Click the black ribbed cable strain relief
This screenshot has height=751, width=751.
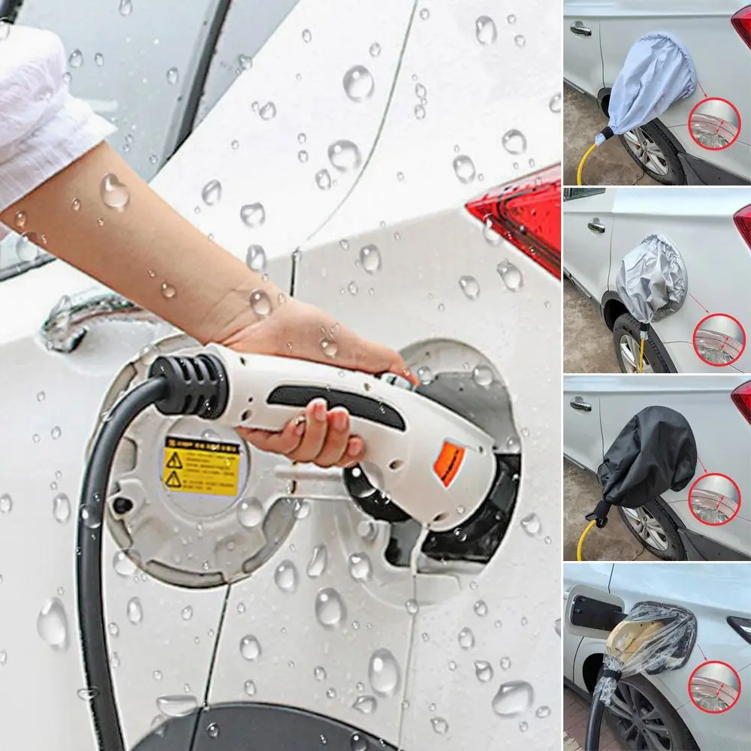pos(188,384)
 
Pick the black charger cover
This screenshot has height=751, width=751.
pos(649,454)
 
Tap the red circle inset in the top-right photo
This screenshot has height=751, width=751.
pos(713,125)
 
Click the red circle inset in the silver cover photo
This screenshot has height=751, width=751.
pos(719,339)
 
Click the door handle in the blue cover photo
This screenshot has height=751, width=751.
pos(580,29)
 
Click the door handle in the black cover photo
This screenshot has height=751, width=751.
pos(580,404)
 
